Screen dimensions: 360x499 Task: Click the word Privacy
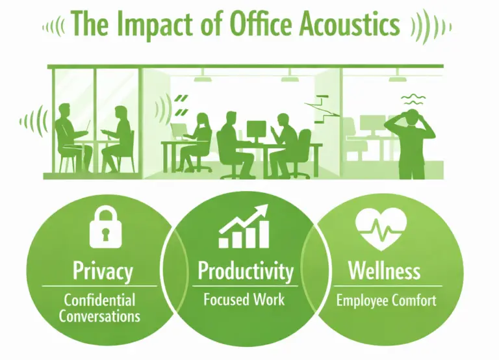click(103, 270)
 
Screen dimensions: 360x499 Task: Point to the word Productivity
click(246, 270)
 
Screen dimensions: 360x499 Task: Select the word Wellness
click(385, 270)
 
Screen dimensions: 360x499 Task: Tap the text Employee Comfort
click(386, 301)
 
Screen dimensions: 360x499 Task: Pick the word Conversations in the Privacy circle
click(99, 316)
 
